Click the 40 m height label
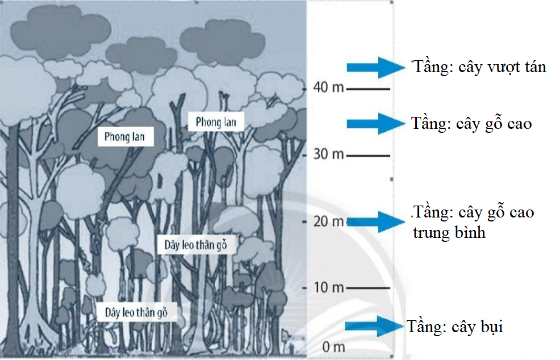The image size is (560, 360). [x=329, y=89]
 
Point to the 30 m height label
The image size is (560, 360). [x=329, y=155]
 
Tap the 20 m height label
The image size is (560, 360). [x=329, y=221]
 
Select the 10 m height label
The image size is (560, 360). [x=329, y=288]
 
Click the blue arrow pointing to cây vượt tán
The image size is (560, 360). [x=375, y=68]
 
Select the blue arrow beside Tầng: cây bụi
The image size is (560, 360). [x=374, y=326]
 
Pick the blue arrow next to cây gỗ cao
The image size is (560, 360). [x=374, y=123]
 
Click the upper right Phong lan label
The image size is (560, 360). [x=216, y=122]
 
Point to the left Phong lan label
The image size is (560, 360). [x=125, y=137]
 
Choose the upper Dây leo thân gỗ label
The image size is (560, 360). [x=195, y=245]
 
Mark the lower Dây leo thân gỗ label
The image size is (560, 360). [x=136, y=311]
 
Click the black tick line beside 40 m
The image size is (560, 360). [x=369, y=89]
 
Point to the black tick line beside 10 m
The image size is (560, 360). [x=369, y=288]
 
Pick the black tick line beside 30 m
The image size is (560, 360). [x=369, y=155]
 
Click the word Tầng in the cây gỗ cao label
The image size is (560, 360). [x=429, y=123]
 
